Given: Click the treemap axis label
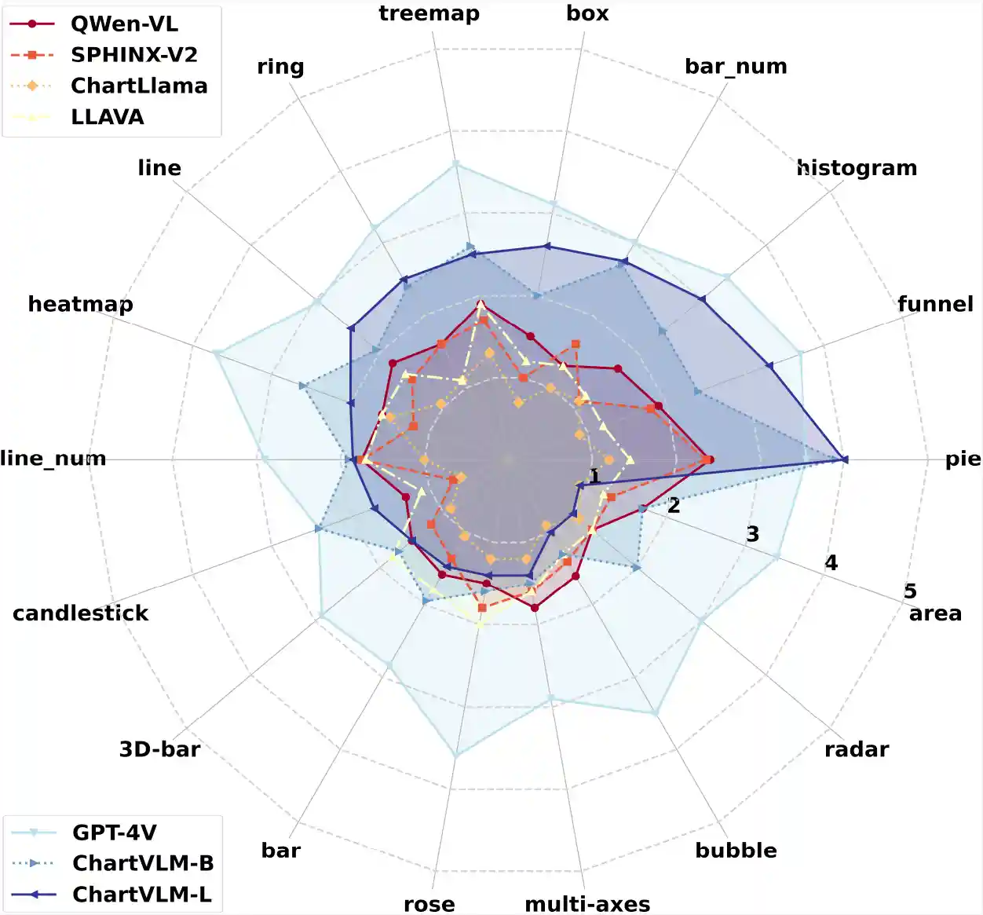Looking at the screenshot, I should point(429,13).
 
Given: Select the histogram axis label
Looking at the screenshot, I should point(857,168).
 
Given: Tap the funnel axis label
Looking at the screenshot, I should point(935,304).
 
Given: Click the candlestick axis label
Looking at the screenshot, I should point(81,613).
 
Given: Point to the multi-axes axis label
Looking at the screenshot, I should point(587,904).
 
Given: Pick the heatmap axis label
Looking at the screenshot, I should point(81,304).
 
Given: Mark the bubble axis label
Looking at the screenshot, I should point(736,850).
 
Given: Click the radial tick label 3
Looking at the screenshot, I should point(752,534).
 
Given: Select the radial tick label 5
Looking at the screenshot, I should point(910,591).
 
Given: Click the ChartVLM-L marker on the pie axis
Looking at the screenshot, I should point(844,459).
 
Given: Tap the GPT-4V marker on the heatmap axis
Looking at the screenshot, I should point(215,352).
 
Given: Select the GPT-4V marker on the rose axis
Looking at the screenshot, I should point(456,756).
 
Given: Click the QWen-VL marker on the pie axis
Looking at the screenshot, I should point(709,459).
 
